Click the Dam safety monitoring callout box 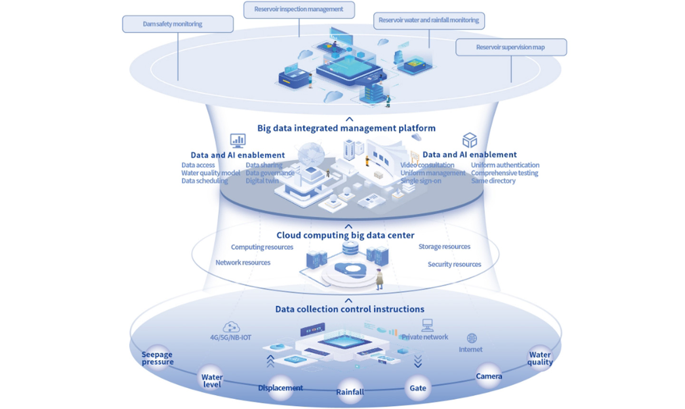click(177, 24)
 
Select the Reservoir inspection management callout click(299, 10)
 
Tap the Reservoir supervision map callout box click(511, 48)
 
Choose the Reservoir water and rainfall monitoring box click(429, 20)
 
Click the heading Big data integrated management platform click(346, 128)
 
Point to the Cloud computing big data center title click(345, 235)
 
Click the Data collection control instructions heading click(350, 309)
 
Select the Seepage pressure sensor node click(157, 358)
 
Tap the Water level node click(212, 380)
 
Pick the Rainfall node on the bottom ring click(350, 392)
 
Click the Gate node click(418, 388)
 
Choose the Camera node click(489, 376)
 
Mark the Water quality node click(540, 358)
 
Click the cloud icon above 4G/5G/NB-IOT click(231, 327)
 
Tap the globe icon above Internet click(471, 338)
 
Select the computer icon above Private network click(427, 325)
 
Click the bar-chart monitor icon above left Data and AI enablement click(238, 140)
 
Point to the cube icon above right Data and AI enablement click(470, 140)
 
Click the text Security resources click(454, 264)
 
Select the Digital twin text click(262, 181)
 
